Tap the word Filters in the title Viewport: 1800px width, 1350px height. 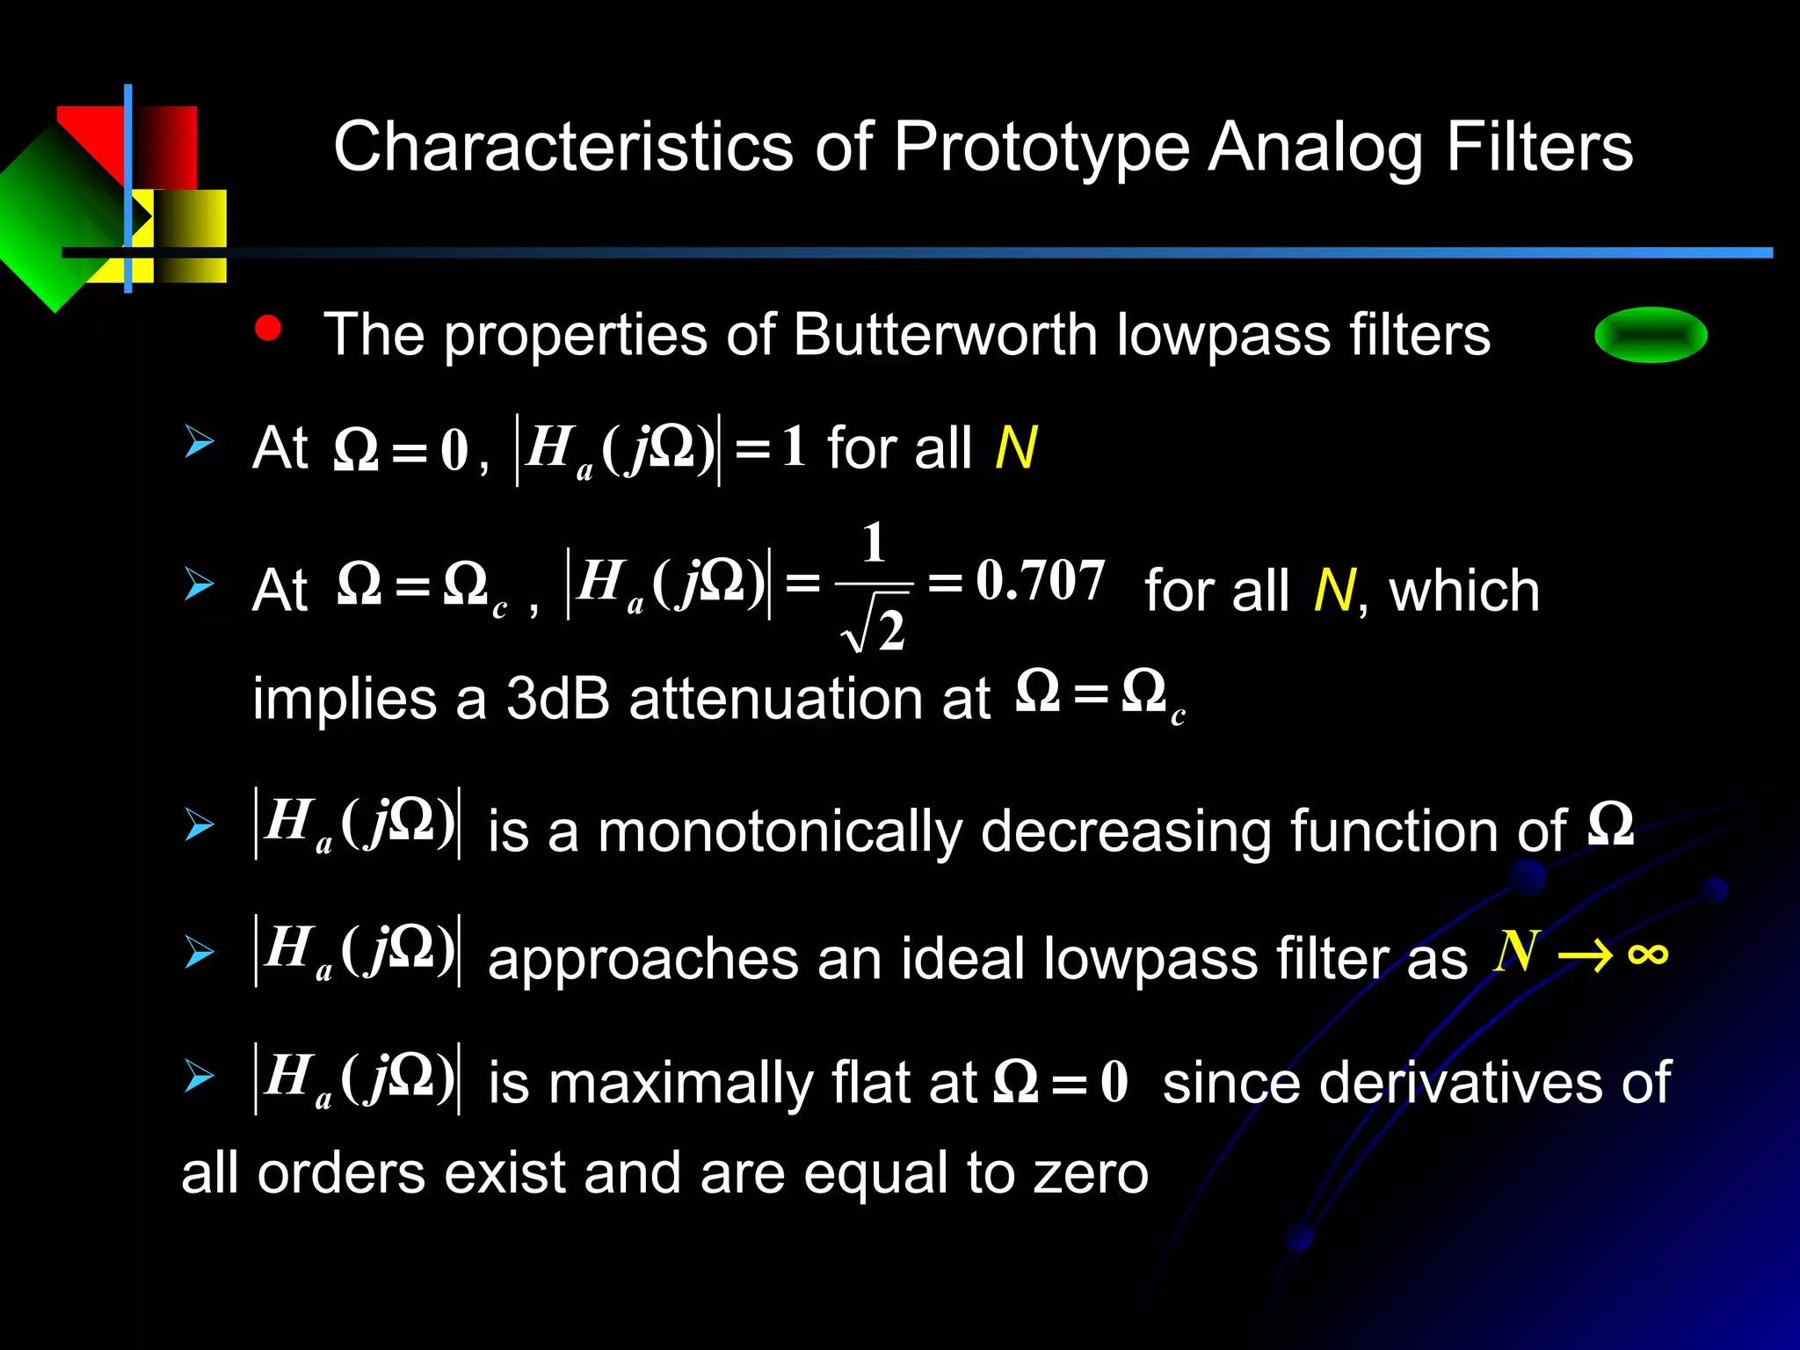[x=1539, y=148]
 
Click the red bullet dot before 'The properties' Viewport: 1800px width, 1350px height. [x=267, y=329]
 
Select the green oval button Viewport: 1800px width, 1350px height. [x=1651, y=335]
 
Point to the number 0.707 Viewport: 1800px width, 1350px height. [x=1041, y=581]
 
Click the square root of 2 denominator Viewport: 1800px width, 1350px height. [x=875, y=631]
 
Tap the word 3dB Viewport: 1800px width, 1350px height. [x=557, y=700]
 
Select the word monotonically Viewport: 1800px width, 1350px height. [x=780, y=831]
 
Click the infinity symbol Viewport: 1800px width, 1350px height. [x=1647, y=954]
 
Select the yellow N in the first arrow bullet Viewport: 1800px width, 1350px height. [x=1016, y=448]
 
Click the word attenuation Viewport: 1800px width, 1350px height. [x=809, y=700]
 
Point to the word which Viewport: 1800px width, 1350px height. [x=1464, y=591]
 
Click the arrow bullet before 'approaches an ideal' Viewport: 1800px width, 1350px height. [x=199, y=953]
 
